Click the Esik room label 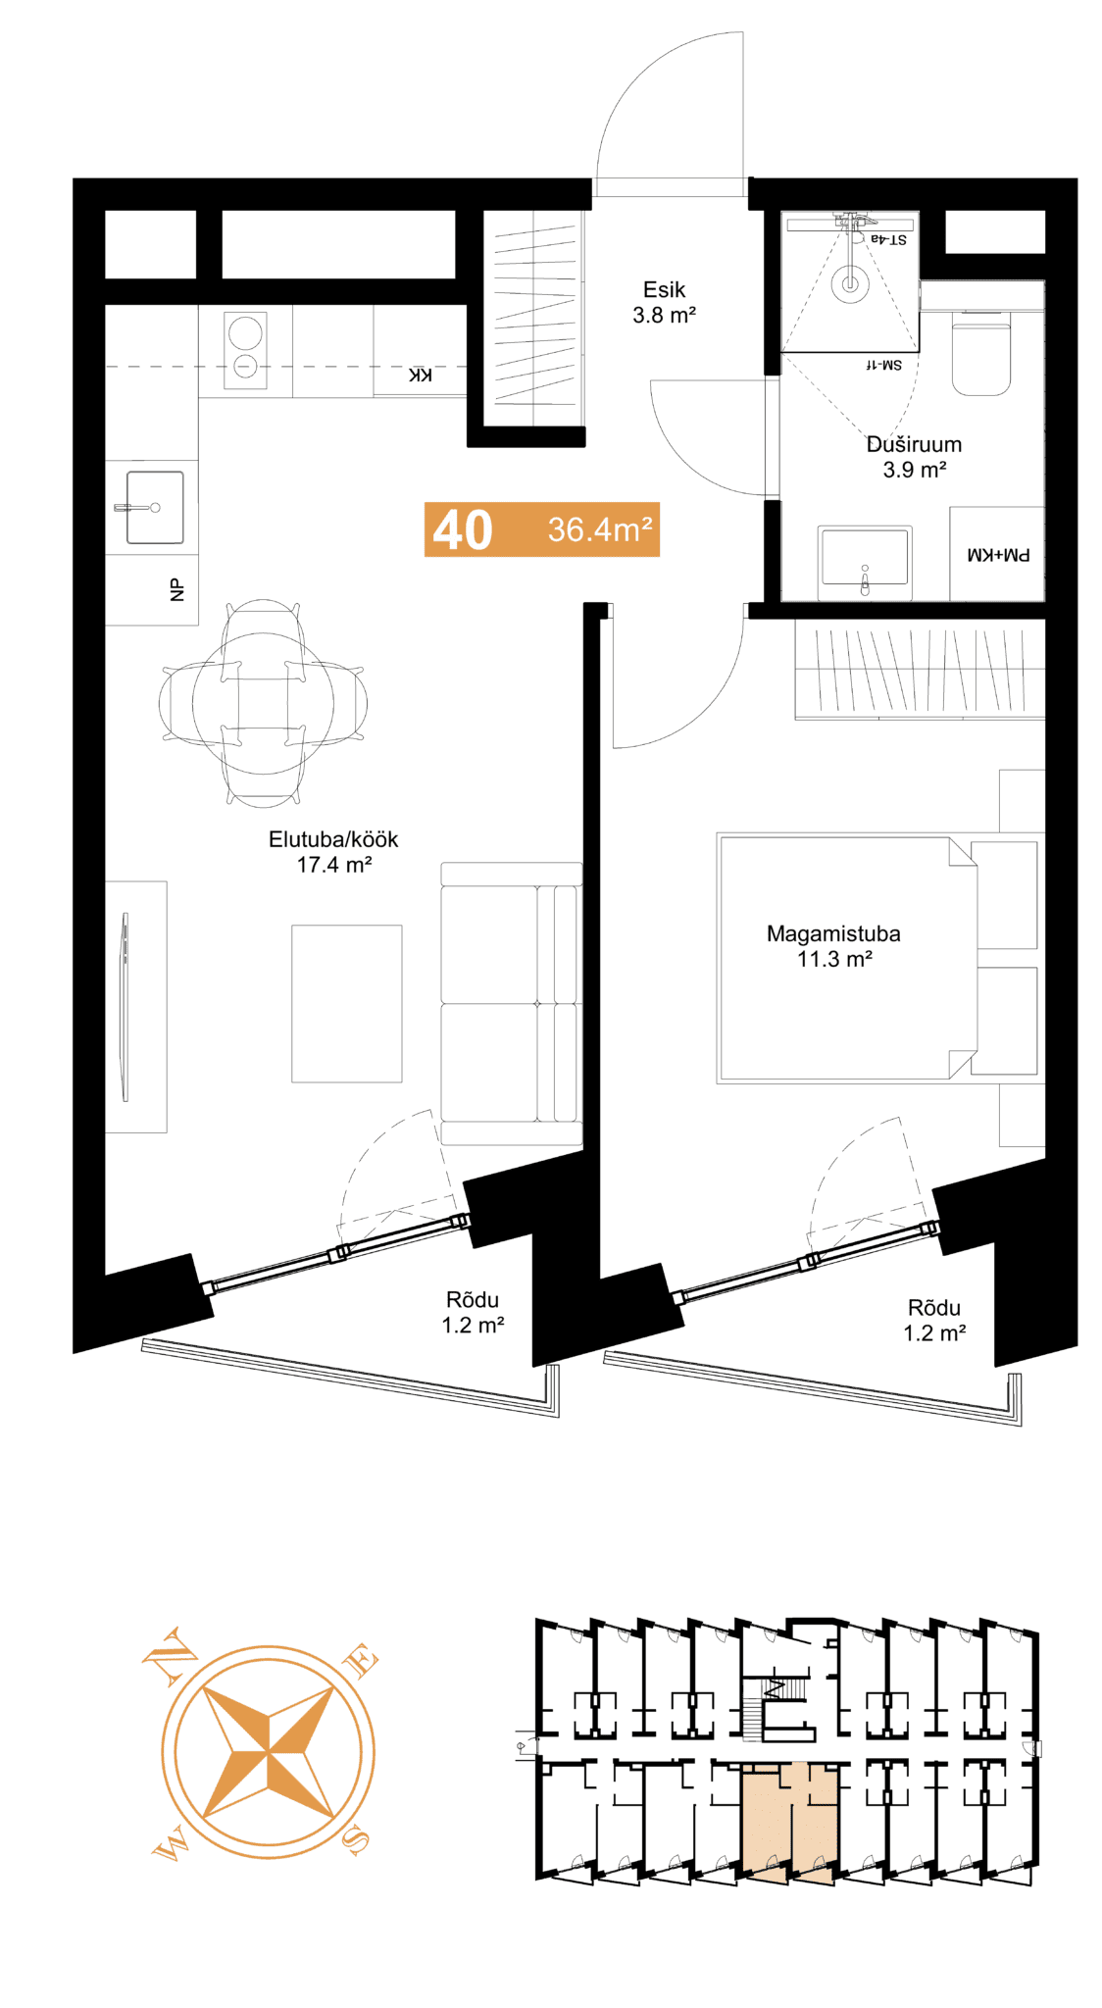point(664,289)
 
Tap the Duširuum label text point(914,444)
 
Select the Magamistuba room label point(833,933)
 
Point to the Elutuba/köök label point(333,839)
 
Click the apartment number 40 point(463,530)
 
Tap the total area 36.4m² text point(600,529)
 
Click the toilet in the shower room point(981,353)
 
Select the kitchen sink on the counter point(154,507)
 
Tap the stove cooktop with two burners point(245,350)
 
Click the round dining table point(263,703)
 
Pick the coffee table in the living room point(346,1003)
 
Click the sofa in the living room point(511,1003)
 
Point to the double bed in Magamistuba point(848,958)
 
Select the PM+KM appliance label point(998,555)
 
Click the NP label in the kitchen point(176,590)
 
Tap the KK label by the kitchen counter point(420,376)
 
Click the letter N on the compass point(169,1655)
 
